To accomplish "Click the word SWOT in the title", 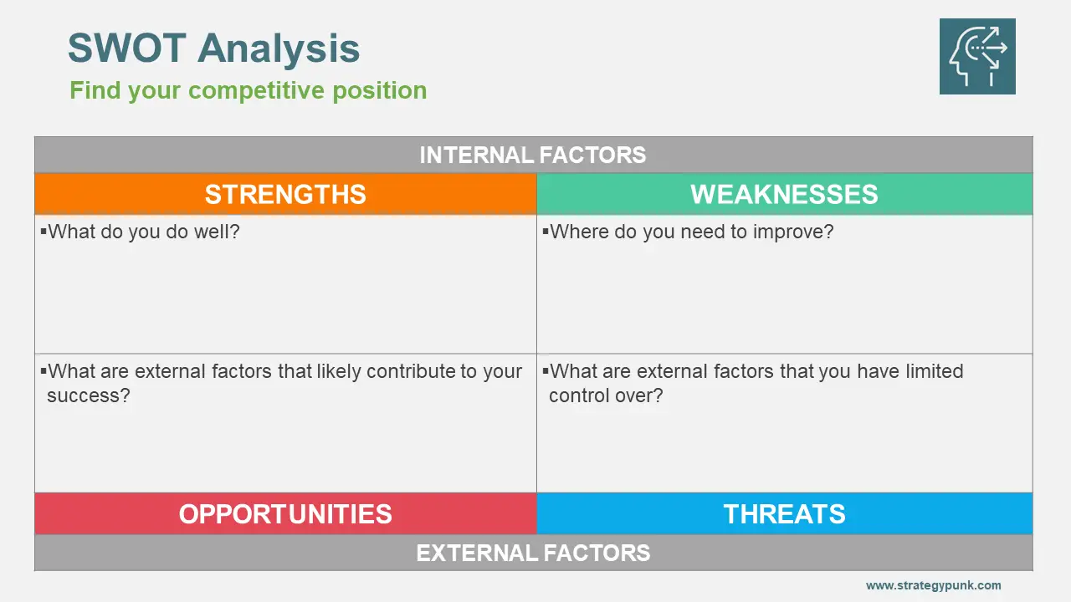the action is [126, 48].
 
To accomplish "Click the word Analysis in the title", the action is [279, 48].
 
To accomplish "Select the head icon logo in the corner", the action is [977, 56].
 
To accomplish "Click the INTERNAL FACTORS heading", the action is [533, 155].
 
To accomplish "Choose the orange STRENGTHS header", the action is [285, 194].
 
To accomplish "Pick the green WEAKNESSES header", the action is [785, 194].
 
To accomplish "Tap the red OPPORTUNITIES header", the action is [285, 513].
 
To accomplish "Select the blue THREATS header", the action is [785, 513].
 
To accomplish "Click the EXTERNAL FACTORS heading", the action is [533, 553].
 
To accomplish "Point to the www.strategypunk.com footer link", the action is [933, 585].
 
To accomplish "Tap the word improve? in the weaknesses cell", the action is [793, 232].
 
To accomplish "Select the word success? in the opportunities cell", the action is [89, 395].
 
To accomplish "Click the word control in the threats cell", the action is [578, 395].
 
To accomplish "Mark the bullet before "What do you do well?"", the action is [44, 232].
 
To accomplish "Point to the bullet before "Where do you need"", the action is [546, 232].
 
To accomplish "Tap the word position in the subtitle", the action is [380, 91].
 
